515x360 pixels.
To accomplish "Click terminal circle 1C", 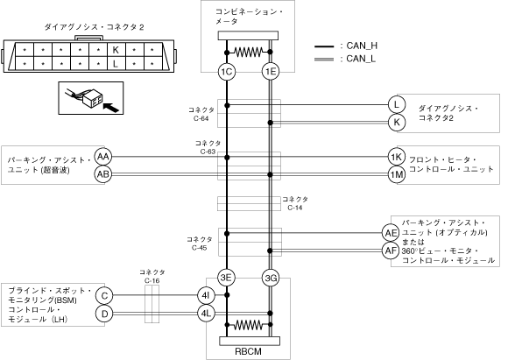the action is point(227,72).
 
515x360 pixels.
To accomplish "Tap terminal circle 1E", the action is point(271,72).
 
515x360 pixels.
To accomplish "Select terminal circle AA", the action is point(103,157).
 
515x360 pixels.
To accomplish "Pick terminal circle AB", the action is point(103,174).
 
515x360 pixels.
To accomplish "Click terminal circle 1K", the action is point(397,157).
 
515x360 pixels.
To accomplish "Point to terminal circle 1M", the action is point(397,174).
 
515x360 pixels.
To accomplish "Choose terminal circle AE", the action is point(391,233).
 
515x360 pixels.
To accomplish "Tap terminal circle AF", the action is point(391,251).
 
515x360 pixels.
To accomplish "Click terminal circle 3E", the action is point(226,278).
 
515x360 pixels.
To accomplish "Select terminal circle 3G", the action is point(271,279).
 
